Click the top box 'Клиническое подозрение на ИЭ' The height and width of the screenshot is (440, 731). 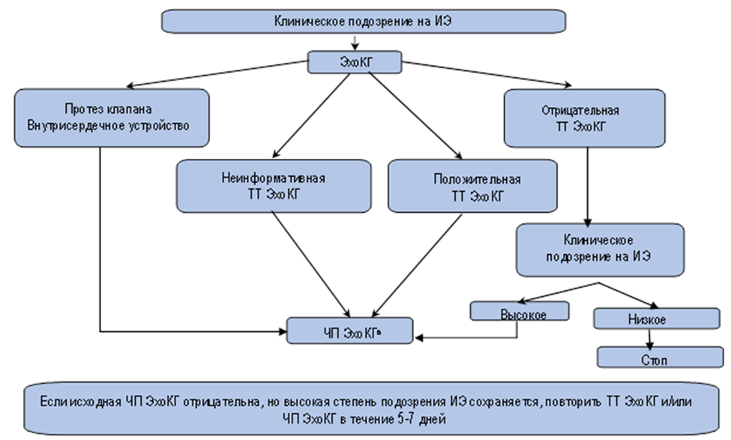(x=362, y=22)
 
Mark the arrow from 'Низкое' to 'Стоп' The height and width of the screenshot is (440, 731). (x=649, y=338)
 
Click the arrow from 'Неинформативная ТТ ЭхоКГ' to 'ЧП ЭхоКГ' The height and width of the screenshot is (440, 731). (x=311, y=266)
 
